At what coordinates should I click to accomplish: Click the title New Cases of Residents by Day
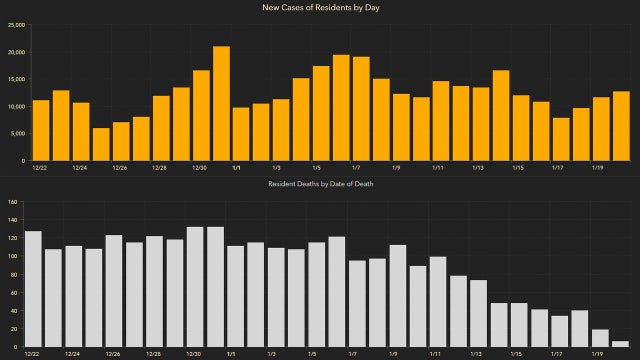point(320,8)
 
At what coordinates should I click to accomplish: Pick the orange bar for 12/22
point(41,130)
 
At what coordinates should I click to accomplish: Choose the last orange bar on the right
point(621,126)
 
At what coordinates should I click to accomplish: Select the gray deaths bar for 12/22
point(33,289)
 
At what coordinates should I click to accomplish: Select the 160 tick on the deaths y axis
point(14,202)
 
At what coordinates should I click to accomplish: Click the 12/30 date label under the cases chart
point(199,168)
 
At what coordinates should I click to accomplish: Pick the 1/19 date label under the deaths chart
point(598,354)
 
